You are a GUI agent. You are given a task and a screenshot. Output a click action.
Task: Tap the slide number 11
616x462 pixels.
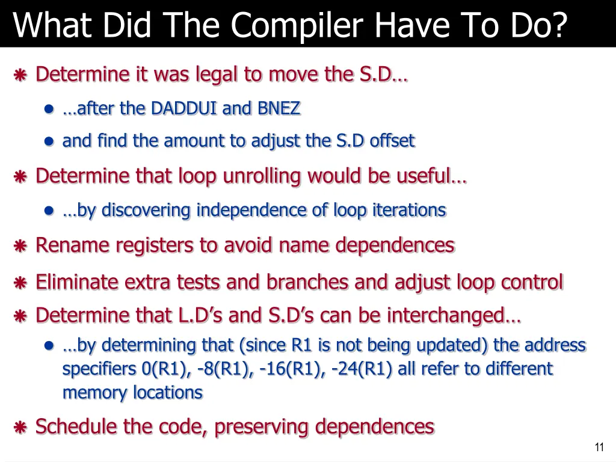coord(599,447)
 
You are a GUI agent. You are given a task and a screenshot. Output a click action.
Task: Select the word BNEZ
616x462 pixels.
coord(279,109)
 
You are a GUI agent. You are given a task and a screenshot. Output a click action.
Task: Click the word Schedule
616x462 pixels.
coord(77,427)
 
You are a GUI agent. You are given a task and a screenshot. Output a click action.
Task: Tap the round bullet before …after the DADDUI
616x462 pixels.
coord(50,109)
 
